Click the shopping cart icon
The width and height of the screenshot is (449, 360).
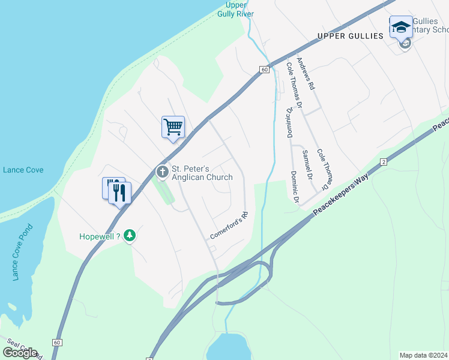coord(173,127)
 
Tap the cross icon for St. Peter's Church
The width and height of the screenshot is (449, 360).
coord(162,172)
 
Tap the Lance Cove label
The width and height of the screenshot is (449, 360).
coord(23,170)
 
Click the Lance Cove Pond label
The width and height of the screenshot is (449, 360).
coord(23,253)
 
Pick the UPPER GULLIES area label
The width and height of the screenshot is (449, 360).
coord(350,36)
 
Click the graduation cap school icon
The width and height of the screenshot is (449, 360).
coord(401,27)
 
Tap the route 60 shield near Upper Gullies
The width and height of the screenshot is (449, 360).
coord(264,70)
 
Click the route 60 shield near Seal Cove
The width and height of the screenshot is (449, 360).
coord(57,342)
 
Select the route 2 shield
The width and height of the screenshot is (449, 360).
coord(383,162)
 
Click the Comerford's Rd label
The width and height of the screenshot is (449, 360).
coord(228,226)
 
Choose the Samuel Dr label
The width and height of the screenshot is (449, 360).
coord(307,164)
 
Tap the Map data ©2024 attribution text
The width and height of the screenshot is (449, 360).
coord(424,355)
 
